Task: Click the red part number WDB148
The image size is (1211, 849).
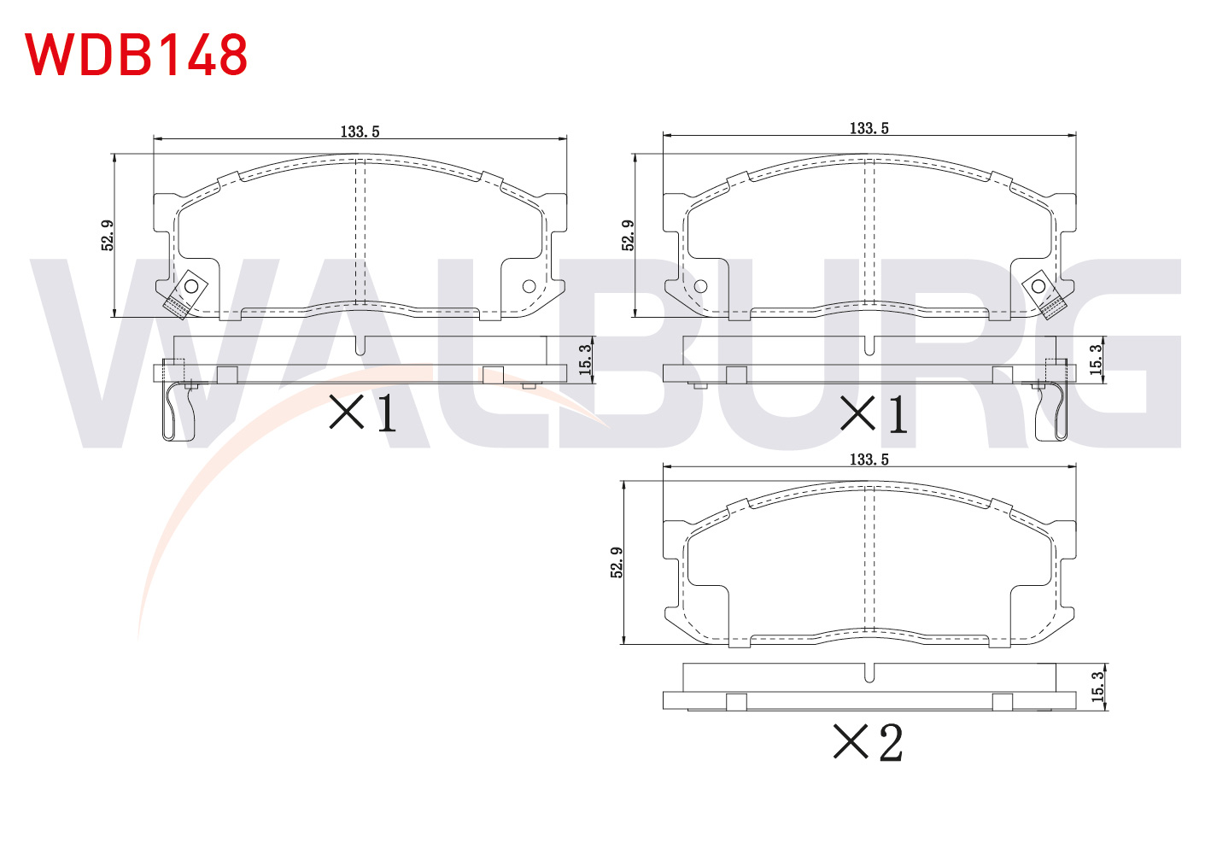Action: [137, 55]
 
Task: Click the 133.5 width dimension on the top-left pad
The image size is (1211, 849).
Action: [360, 132]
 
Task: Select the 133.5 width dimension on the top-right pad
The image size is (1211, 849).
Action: [869, 129]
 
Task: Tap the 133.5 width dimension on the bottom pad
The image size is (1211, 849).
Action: [869, 460]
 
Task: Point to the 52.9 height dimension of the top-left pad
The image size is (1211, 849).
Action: [108, 235]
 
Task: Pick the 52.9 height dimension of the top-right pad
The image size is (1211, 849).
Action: [628, 235]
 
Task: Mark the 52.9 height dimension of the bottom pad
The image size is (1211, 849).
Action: [617, 562]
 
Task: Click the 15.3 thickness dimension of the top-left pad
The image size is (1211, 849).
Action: [586, 360]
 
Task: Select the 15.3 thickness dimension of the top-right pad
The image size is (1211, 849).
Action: [1096, 360]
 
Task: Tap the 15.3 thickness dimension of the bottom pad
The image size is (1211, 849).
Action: [1097, 687]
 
